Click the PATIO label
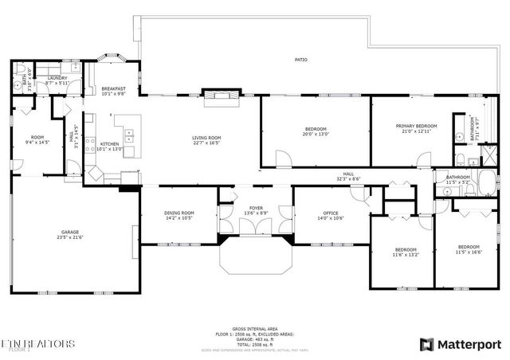[x=300, y=59]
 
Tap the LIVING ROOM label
[x=206, y=138]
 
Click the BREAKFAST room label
[x=110, y=89]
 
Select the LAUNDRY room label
[x=57, y=78]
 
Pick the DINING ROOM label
[x=178, y=213]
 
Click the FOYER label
[x=256, y=208]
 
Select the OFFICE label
[x=331, y=213]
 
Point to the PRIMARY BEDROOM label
[x=417, y=126]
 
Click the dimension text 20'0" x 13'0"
[x=316, y=134]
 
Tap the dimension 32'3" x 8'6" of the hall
[x=349, y=179]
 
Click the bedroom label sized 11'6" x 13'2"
[x=405, y=252]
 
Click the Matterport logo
[x=460, y=343]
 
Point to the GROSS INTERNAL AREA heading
[x=254, y=328]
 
